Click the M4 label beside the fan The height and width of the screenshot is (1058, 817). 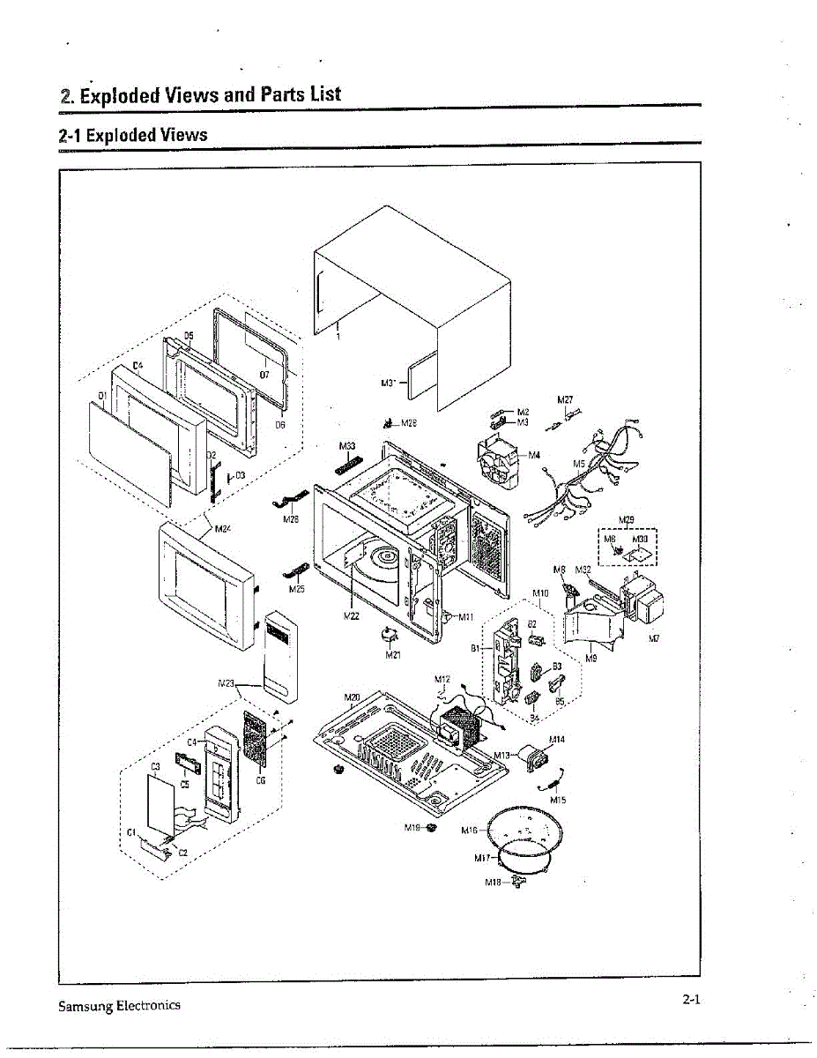[x=534, y=455]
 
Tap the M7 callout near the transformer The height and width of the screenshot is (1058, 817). [x=654, y=638]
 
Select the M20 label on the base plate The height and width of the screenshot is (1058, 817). [x=352, y=697]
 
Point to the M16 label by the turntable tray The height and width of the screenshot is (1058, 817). [x=469, y=831]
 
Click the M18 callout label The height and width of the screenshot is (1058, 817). [x=494, y=882]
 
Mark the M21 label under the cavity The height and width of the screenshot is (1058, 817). [x=393, y=655]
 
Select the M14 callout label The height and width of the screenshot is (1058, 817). [x=556, y=738]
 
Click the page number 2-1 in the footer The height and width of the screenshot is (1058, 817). [x=690, y=1000]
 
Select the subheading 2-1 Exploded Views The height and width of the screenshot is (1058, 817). [x=132, y=136]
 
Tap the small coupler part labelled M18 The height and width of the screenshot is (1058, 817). [x=516, y=883]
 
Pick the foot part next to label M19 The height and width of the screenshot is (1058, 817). [x=431, y=828]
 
